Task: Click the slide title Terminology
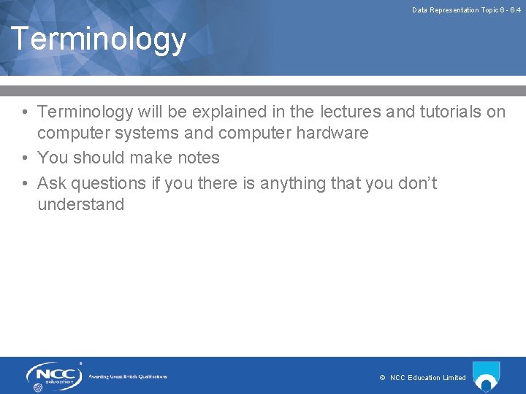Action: coord(99,39)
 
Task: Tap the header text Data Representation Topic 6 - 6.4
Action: coord(466,10)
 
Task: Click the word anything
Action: coord(291,182)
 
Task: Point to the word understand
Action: coord(81,204)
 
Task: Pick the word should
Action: coord(101,158)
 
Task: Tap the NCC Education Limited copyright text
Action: coord(423,377)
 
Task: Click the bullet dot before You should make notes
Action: coord(25,158)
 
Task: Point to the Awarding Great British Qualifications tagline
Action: coord(128,376)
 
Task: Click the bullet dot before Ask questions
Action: coord(25,183)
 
